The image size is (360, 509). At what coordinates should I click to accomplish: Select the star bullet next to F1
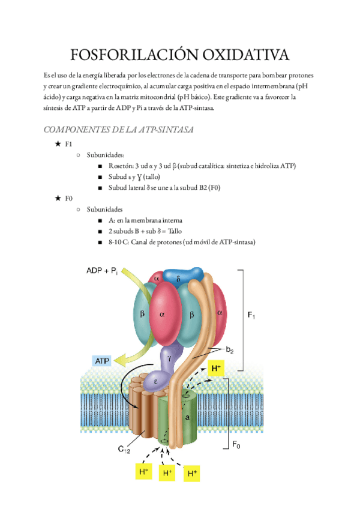58,145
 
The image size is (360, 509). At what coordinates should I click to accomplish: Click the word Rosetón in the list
121,166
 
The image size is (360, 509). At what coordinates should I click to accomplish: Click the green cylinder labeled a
187,417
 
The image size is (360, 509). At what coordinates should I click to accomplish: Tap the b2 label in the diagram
229,350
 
